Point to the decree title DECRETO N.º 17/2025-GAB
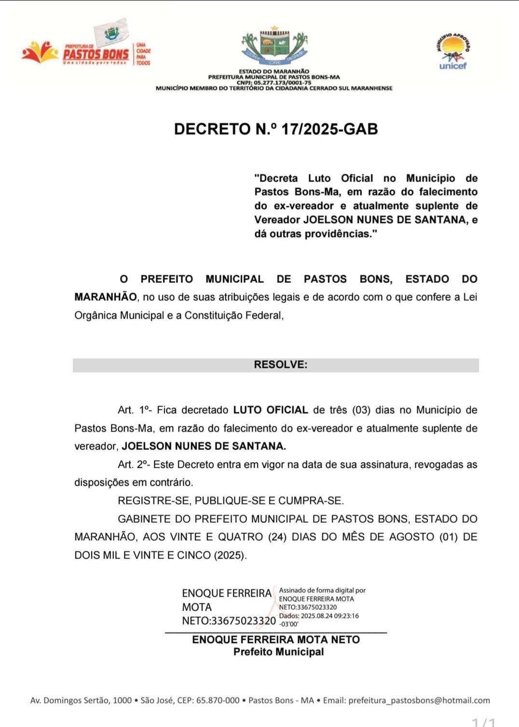(x=275, y=129)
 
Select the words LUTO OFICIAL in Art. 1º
(x=270, y=410)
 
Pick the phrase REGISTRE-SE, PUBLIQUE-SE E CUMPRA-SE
(x=231, y=501)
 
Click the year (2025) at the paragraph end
(x=230, y=556)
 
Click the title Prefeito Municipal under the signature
(x=278, y=652)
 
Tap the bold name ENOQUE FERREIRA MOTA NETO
(x=275, y=640)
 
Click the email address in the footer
(x=419, y=700)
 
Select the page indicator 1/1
(x=483, y=722)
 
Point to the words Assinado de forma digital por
(x=322, y=590)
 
